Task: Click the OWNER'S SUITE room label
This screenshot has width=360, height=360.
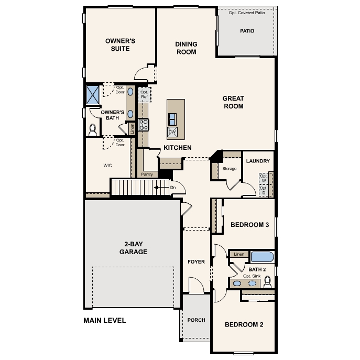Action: (121, 45)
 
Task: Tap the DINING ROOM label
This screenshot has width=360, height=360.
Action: (186, 48)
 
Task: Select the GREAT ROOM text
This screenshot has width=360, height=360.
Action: (233, 102)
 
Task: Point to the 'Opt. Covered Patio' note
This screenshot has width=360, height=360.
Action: (247, 13)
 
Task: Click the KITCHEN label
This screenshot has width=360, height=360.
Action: (178, 148)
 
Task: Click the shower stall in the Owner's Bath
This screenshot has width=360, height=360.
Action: (93, 94)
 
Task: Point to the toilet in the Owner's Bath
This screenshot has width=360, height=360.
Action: (93, 128)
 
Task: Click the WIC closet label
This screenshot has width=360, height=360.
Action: (108, 165)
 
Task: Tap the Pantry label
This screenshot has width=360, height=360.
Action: (147, 174)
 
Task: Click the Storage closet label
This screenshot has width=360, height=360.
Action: (230, 169)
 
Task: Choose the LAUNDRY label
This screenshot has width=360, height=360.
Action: (258, 161)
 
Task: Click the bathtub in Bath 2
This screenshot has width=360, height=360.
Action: (261, 257)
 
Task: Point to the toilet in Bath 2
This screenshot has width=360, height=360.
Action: (268, 282)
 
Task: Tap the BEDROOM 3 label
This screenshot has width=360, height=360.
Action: (249, 225)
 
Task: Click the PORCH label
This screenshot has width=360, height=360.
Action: (197, 320)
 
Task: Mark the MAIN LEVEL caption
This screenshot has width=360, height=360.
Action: (105, 320)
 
